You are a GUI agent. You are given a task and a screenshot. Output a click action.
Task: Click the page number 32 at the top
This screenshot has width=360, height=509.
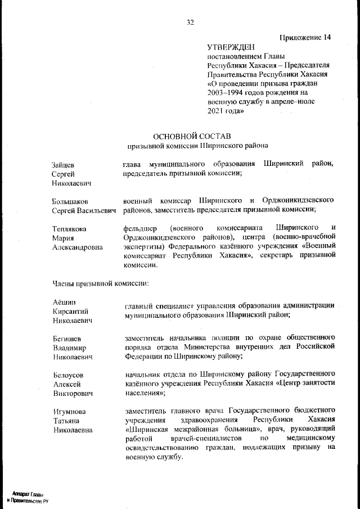click(x=190, y=22)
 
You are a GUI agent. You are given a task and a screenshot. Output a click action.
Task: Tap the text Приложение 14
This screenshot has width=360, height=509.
click(x=305, y=38)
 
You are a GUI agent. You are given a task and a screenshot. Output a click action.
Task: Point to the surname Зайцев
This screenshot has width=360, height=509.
click(x=62, y=164)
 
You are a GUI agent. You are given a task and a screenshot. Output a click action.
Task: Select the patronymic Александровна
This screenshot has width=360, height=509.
click(x=77, y=246)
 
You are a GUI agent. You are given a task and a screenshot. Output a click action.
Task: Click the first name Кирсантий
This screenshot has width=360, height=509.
click(x=70, y=311)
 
